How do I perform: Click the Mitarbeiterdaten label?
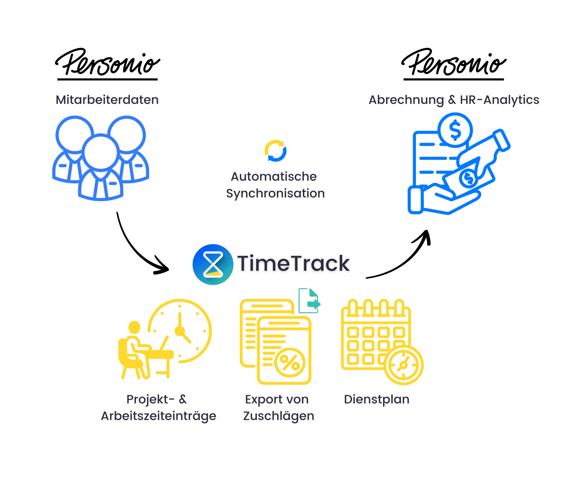pyautogui.click(x=107, y=100)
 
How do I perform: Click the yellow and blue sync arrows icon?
pyautogui.click(x=275, y=151)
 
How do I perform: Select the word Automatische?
pyautogui.click(x=274, y=177)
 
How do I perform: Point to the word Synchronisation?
pyautogui.click(x=275, y=193)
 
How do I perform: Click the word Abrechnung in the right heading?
pyautogui.click(x=406, y=100)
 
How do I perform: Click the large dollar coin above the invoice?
pyautogui.click(x=455, y=130)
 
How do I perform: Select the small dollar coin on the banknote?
pyautogui.click(x=468, y=178)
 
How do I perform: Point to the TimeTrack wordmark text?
pyautogui.click(x=293, y=264)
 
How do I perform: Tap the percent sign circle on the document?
pyautogui.click(x=290, y=362)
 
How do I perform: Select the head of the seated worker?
pyautogui.click(x=134, y=327)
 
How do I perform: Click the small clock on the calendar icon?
pyautogui.click(x=403, y=365)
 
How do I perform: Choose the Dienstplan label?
pyautogui.click(x=376, y=399)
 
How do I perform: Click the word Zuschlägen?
pyautogui.click(x=278, y=416)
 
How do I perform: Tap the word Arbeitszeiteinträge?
pyautogui.click(x=158, y=416)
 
